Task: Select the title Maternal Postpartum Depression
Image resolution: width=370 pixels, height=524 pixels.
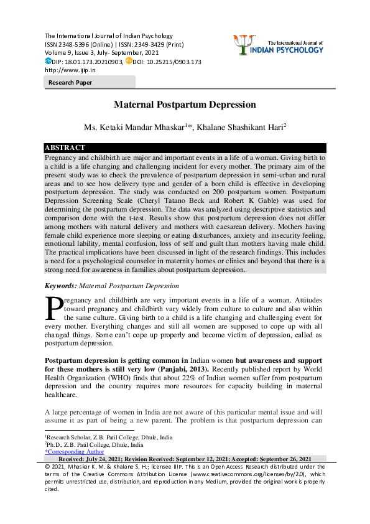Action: (x=185, y=105)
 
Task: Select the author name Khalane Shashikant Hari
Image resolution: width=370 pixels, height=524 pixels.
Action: (x=241, y=127)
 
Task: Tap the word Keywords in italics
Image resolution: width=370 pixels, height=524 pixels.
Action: (x=60, y=286)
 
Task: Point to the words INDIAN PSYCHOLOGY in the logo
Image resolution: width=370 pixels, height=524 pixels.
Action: (x=292, y=50)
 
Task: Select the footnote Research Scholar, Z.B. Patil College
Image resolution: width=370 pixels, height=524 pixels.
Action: (x=109, y=437)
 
